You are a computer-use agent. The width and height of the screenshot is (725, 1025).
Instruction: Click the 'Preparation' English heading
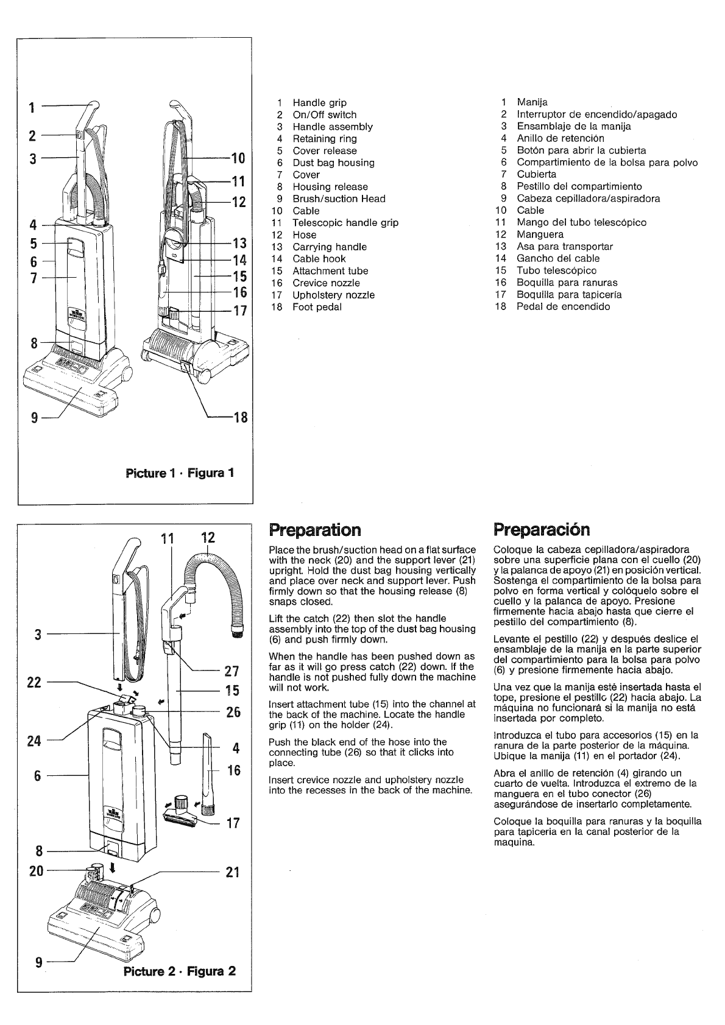[314, 529]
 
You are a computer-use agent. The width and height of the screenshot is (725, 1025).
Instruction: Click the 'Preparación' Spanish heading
[542, 529]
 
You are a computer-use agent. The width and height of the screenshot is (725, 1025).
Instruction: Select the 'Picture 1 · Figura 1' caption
[179, 473]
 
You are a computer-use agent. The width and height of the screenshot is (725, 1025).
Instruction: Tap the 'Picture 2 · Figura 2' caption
[179, 971]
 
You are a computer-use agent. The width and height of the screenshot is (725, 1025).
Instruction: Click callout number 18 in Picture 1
[240, 418]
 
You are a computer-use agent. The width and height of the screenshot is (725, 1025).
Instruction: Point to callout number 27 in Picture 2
[232, 671]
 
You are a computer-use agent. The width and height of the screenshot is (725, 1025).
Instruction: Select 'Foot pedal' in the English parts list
[317, 307]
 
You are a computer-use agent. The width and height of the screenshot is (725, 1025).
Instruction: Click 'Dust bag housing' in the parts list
[333, 163]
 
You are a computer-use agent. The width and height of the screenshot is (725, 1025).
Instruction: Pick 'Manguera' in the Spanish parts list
[540, 234]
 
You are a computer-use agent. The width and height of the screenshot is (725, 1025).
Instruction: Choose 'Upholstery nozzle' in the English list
[333, 295]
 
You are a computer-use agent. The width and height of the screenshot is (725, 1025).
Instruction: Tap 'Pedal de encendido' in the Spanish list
[563, 306]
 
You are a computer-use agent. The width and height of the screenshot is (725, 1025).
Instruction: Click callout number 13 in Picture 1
[240, 244]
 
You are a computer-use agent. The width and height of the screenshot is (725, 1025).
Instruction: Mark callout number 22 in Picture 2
[34, 682]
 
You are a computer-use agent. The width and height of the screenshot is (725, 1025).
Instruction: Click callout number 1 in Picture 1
[31, 108]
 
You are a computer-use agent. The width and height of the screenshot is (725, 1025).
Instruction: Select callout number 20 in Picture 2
[37, 871]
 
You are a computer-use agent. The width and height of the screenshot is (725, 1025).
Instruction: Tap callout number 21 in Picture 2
[232, 872]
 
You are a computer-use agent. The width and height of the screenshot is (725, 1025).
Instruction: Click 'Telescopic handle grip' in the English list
[345, 223]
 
